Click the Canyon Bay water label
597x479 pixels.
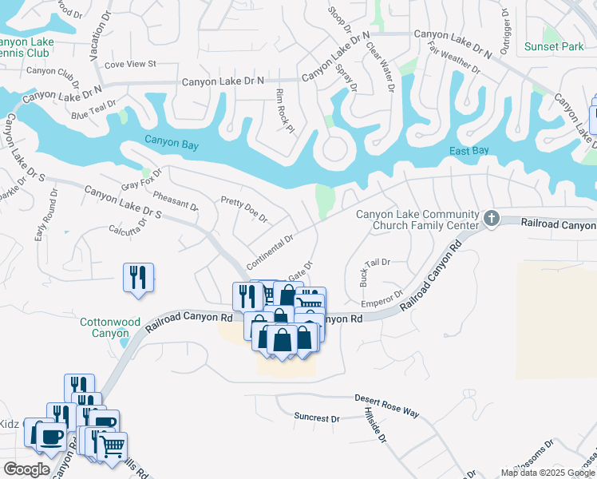170,142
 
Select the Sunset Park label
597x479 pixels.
554,46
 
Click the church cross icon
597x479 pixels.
492,217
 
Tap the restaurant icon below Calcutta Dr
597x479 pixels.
138,278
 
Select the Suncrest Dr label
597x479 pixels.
316,418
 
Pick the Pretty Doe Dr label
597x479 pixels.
243,210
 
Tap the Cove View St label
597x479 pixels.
129,63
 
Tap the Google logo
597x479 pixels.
26,469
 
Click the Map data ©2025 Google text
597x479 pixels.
547,473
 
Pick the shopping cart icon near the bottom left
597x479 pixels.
112,447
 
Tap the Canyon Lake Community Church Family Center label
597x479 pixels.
417,219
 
